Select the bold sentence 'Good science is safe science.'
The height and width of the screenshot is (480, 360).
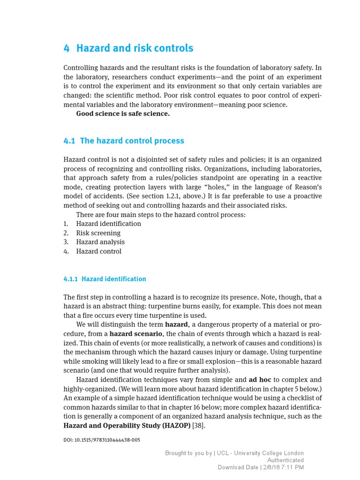pos(123,114)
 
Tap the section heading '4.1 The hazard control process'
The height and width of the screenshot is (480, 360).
pos(124,141)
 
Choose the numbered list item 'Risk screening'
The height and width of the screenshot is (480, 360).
pos(98,233)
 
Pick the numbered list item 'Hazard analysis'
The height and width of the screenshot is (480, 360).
pos(100,242)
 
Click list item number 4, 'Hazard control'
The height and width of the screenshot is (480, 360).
pos(98,251)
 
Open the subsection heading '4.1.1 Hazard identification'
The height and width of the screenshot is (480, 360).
pos(105,279)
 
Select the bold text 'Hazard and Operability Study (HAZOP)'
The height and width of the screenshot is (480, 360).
pos(127,426)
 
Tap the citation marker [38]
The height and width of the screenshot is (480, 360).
pos(199,426)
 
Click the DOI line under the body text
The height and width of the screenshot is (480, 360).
pos(102,440)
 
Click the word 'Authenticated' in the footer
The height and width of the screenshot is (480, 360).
pos(285,460)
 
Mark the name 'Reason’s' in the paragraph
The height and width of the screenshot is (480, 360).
pos(307,187)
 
